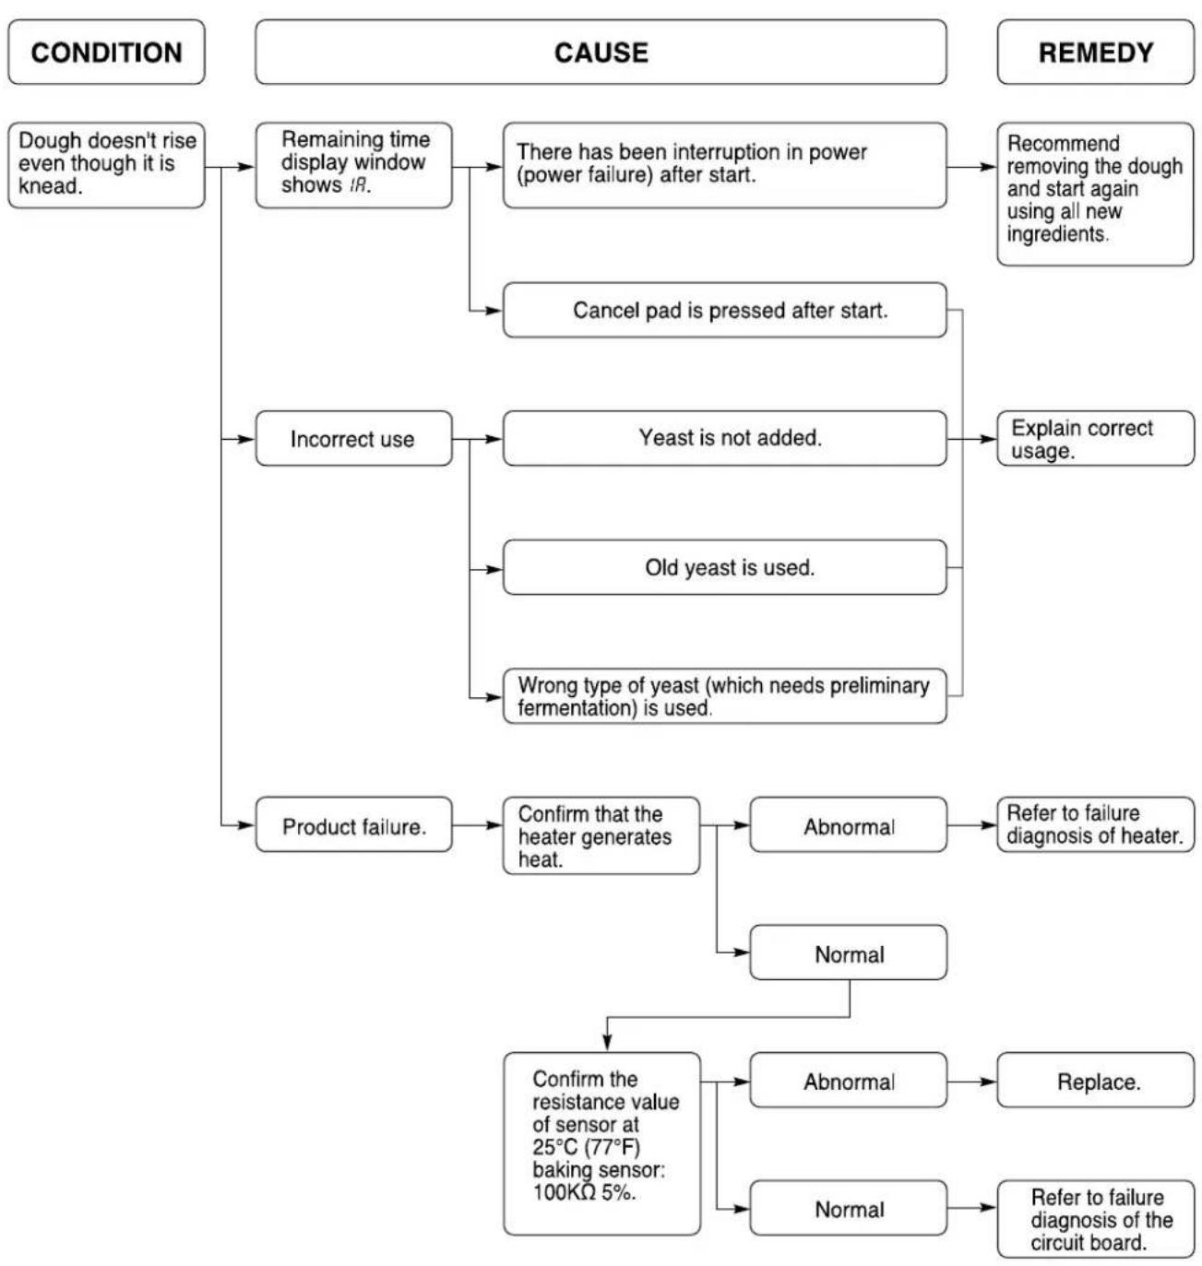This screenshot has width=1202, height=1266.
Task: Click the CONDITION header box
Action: [x=106, y=52]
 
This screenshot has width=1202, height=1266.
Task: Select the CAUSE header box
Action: [x=601, y=52]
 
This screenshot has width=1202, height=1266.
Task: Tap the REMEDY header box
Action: [x=1095, y=52]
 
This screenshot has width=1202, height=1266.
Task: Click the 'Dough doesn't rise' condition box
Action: [x=106, y=165]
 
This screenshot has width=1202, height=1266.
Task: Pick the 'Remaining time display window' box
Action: [x=354, y=165]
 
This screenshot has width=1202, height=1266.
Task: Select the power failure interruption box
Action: [x=724, y=165]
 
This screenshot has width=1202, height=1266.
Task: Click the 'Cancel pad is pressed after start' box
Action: [x=724, y=310]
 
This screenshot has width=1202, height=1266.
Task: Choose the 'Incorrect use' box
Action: [x=354, y=439]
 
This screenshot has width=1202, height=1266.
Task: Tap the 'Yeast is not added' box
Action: [x=724, y=439]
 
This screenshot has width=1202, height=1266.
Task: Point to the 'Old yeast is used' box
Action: [x=724, y=567]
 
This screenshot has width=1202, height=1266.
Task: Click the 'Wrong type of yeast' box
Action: [x=724, y=696]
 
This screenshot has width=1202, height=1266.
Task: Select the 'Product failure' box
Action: [x=354, y=825]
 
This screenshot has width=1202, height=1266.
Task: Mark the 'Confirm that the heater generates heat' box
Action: [x=601, y=835]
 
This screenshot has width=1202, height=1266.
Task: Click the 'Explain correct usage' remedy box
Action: [x=1095, y=439]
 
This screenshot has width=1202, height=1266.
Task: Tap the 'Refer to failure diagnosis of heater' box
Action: [x=1095, y=825]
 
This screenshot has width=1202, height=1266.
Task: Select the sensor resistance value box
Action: [x=601, y=1143]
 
